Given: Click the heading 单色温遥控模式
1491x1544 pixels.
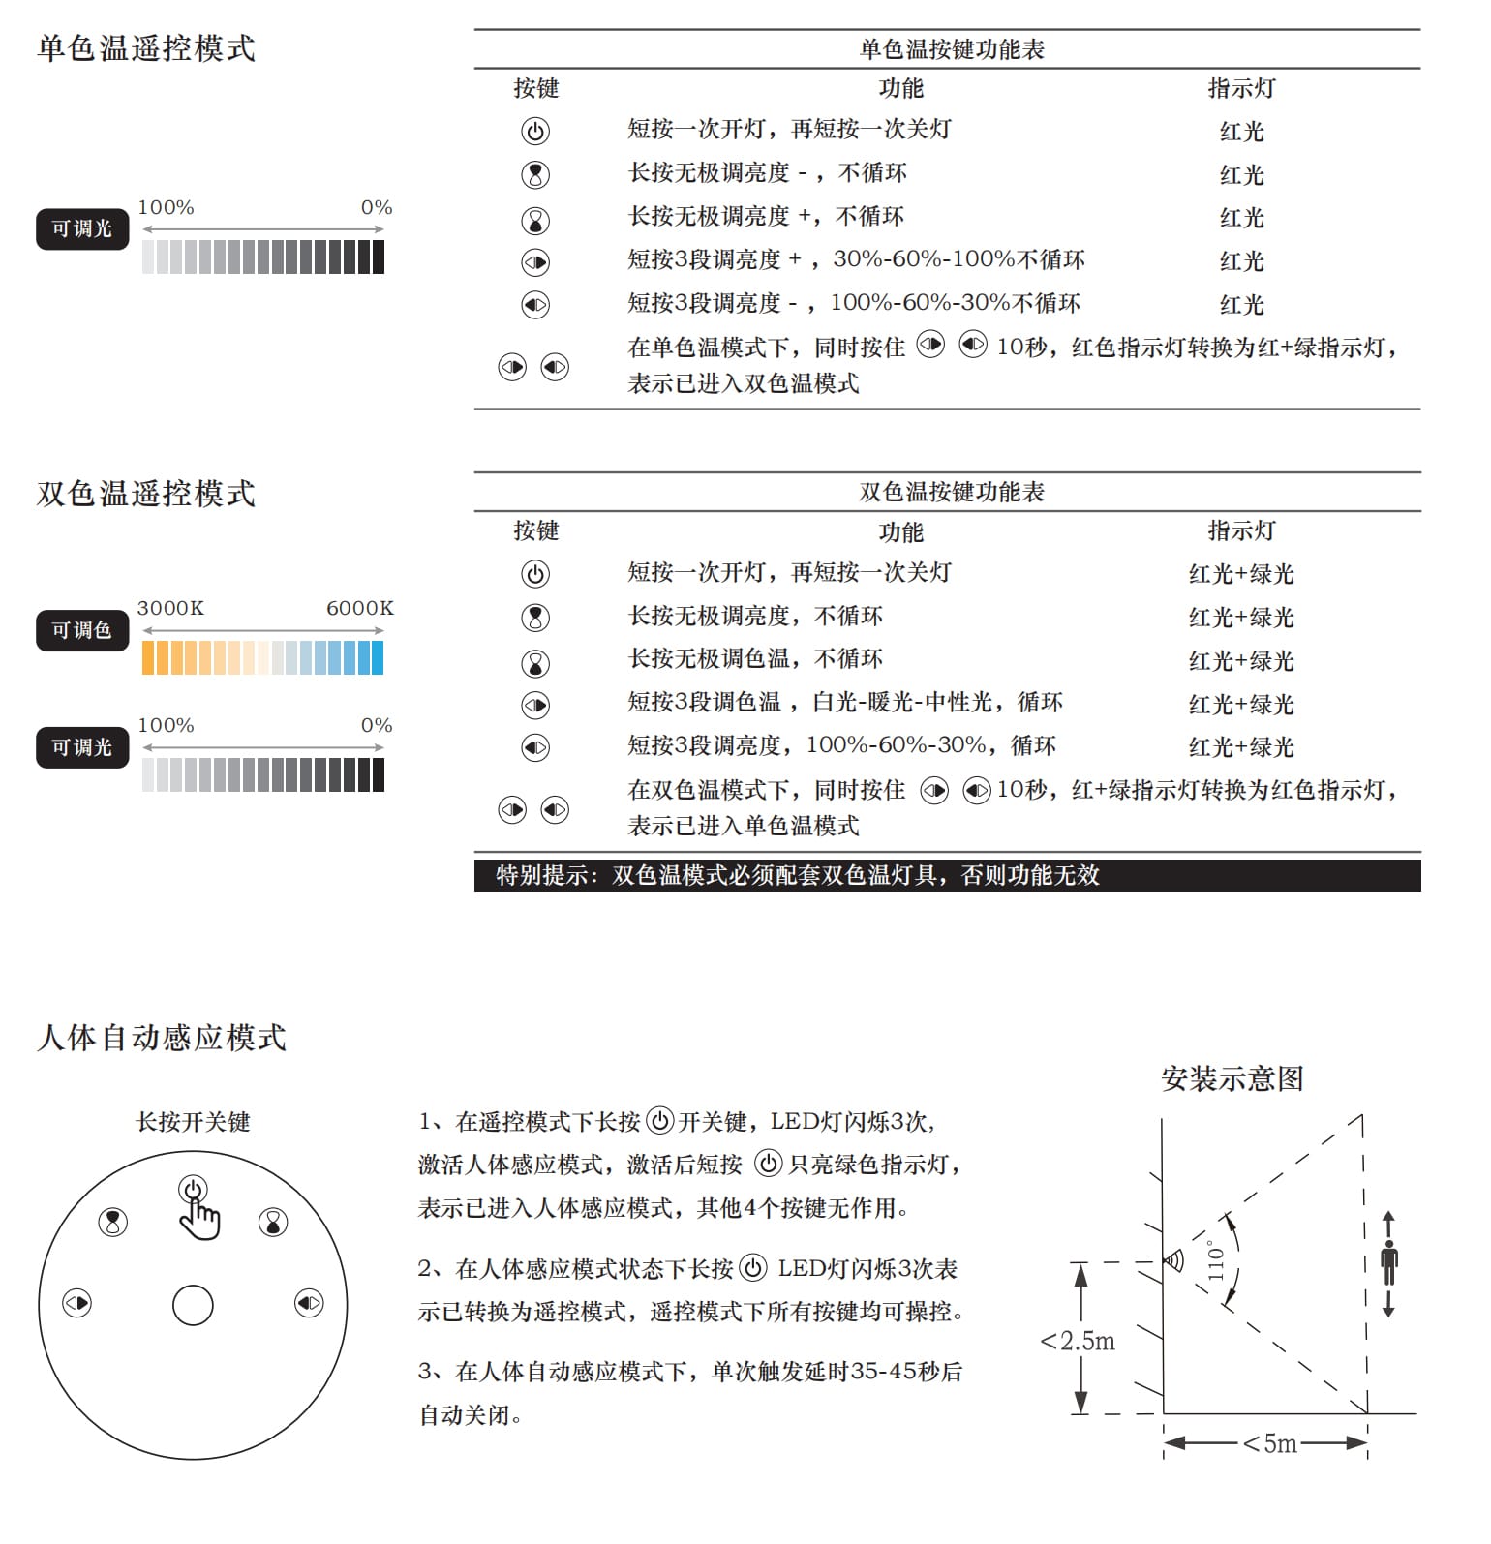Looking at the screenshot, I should [146, 48].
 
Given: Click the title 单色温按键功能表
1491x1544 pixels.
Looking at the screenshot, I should [952, 49].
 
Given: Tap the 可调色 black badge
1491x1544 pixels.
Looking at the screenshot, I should [82, 630].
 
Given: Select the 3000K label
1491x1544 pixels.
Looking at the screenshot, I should [170, 608].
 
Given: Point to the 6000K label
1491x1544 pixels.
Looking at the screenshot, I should [359, 608].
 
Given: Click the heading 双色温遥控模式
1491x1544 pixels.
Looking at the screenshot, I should [146, 494].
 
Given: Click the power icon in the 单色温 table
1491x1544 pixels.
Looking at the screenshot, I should [535, 131].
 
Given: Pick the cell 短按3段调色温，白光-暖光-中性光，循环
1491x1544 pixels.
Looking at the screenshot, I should [845, 703].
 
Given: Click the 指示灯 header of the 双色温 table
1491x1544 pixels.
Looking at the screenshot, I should [1241, 530].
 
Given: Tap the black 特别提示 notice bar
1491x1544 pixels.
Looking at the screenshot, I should [947, 875].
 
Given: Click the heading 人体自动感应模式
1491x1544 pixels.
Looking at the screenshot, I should [162, 1038].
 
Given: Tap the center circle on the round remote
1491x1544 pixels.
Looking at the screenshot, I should [193, 1305].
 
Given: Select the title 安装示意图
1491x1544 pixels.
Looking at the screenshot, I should [1232, 1078].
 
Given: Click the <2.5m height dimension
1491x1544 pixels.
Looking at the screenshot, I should [1078, 1341].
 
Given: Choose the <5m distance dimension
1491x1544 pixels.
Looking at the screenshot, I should [1269, 1443].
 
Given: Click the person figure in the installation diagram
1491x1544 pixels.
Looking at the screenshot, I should [1388, 1263].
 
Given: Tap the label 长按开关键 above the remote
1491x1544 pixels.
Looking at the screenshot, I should [193, 1122].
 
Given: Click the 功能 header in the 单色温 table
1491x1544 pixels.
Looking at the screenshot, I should [900, 88].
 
